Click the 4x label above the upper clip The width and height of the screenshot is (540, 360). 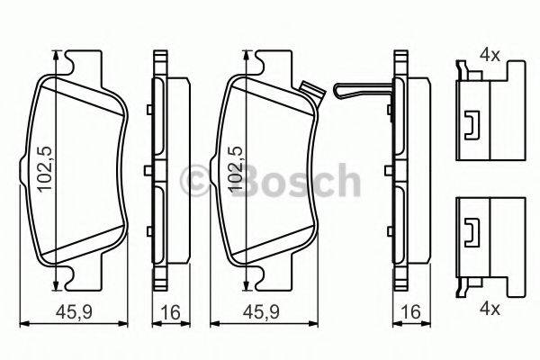pos(489,55)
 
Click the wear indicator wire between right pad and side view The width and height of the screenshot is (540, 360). pos(360,91)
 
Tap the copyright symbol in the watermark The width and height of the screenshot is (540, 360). pos(195,181)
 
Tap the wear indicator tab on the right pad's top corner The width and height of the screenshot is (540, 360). pos(311,91)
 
